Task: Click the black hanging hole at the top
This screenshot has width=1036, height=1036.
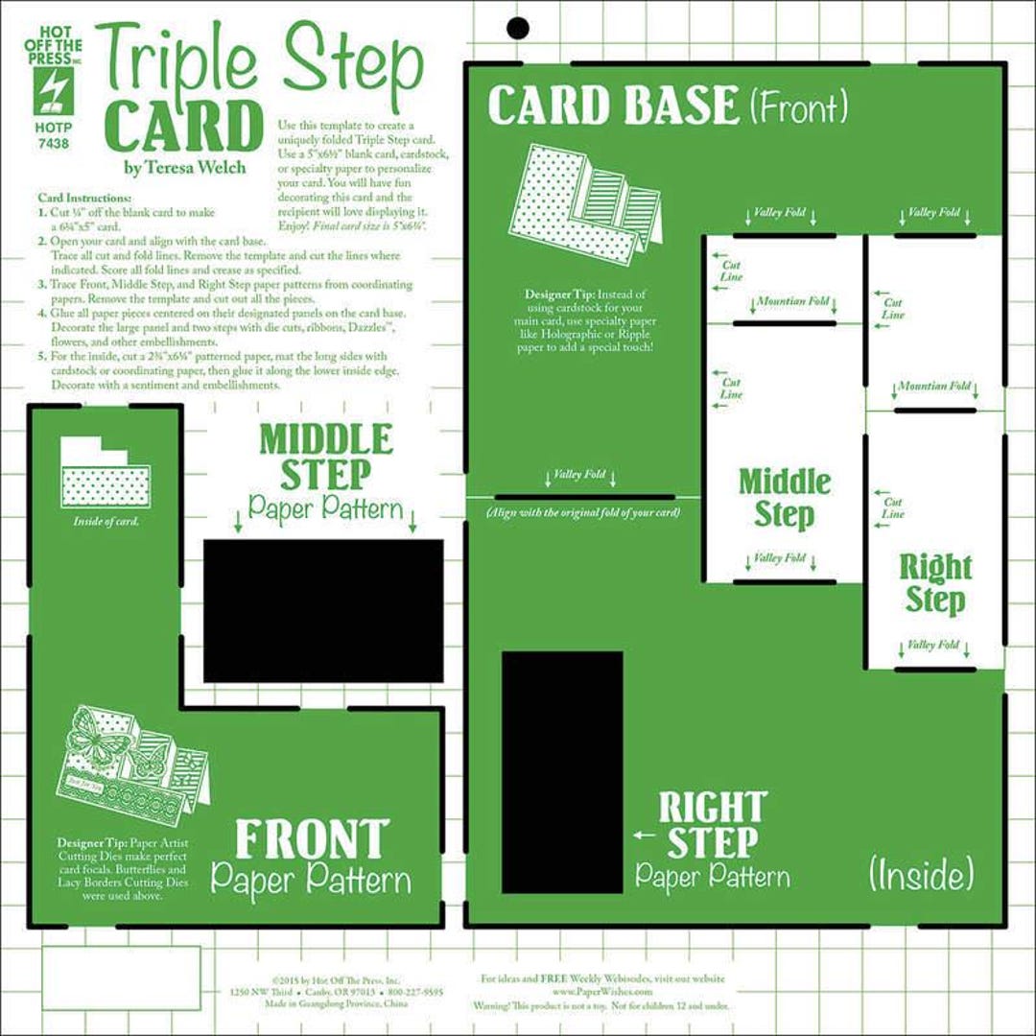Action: (x=518, y=28)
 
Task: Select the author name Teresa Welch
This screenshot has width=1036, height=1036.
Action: (x=183, y=167)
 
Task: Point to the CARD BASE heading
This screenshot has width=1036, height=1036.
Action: (x=614, y=106)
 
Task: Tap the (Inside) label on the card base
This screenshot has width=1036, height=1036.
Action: (x=921, y=874)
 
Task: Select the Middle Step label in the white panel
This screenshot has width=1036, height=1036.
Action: (x=785, y=497)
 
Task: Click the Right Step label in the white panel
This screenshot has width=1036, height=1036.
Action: (x=934, y=583)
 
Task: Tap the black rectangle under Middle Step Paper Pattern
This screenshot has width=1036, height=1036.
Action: (x=323, y=610)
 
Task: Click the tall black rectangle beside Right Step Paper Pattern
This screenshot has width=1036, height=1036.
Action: (x=562, y=772)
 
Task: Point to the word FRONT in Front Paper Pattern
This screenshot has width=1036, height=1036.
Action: (x=313, y=839)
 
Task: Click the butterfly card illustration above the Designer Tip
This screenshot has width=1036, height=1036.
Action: (x=135, y=757)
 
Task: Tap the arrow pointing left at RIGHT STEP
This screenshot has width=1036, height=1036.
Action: (x=645, y=836)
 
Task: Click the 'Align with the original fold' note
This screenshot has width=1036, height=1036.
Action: (x=583, y=513)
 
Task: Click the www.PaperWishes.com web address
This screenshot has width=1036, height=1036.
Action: (x=602, y=991)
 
